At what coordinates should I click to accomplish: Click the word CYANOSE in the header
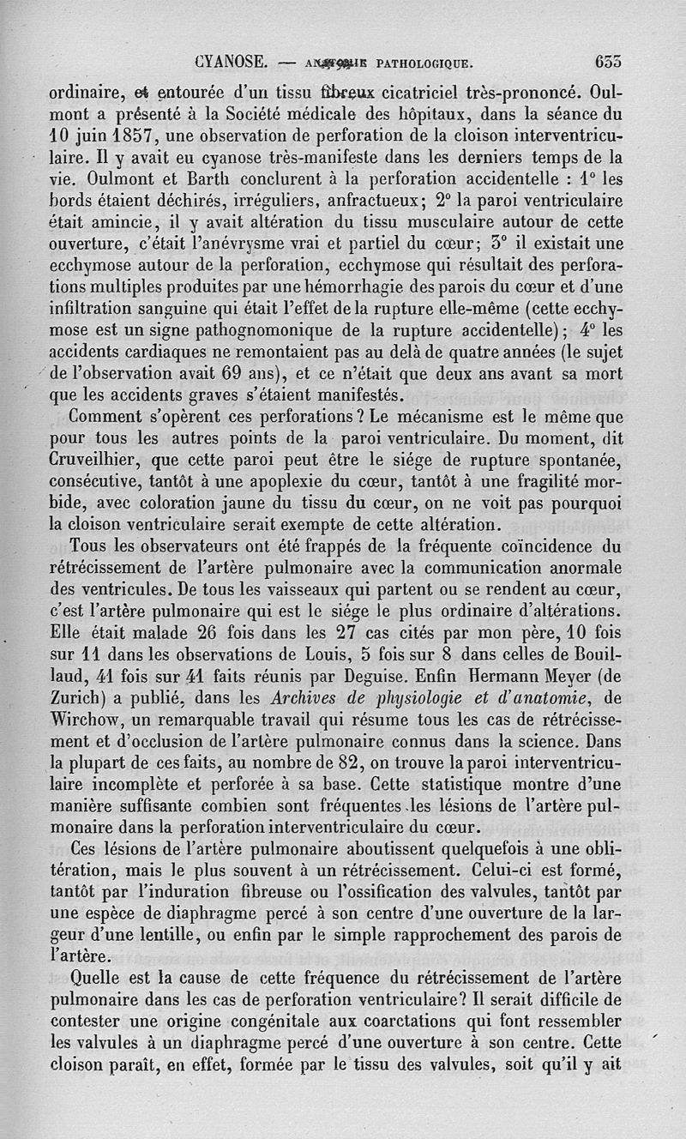coord(233,62)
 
